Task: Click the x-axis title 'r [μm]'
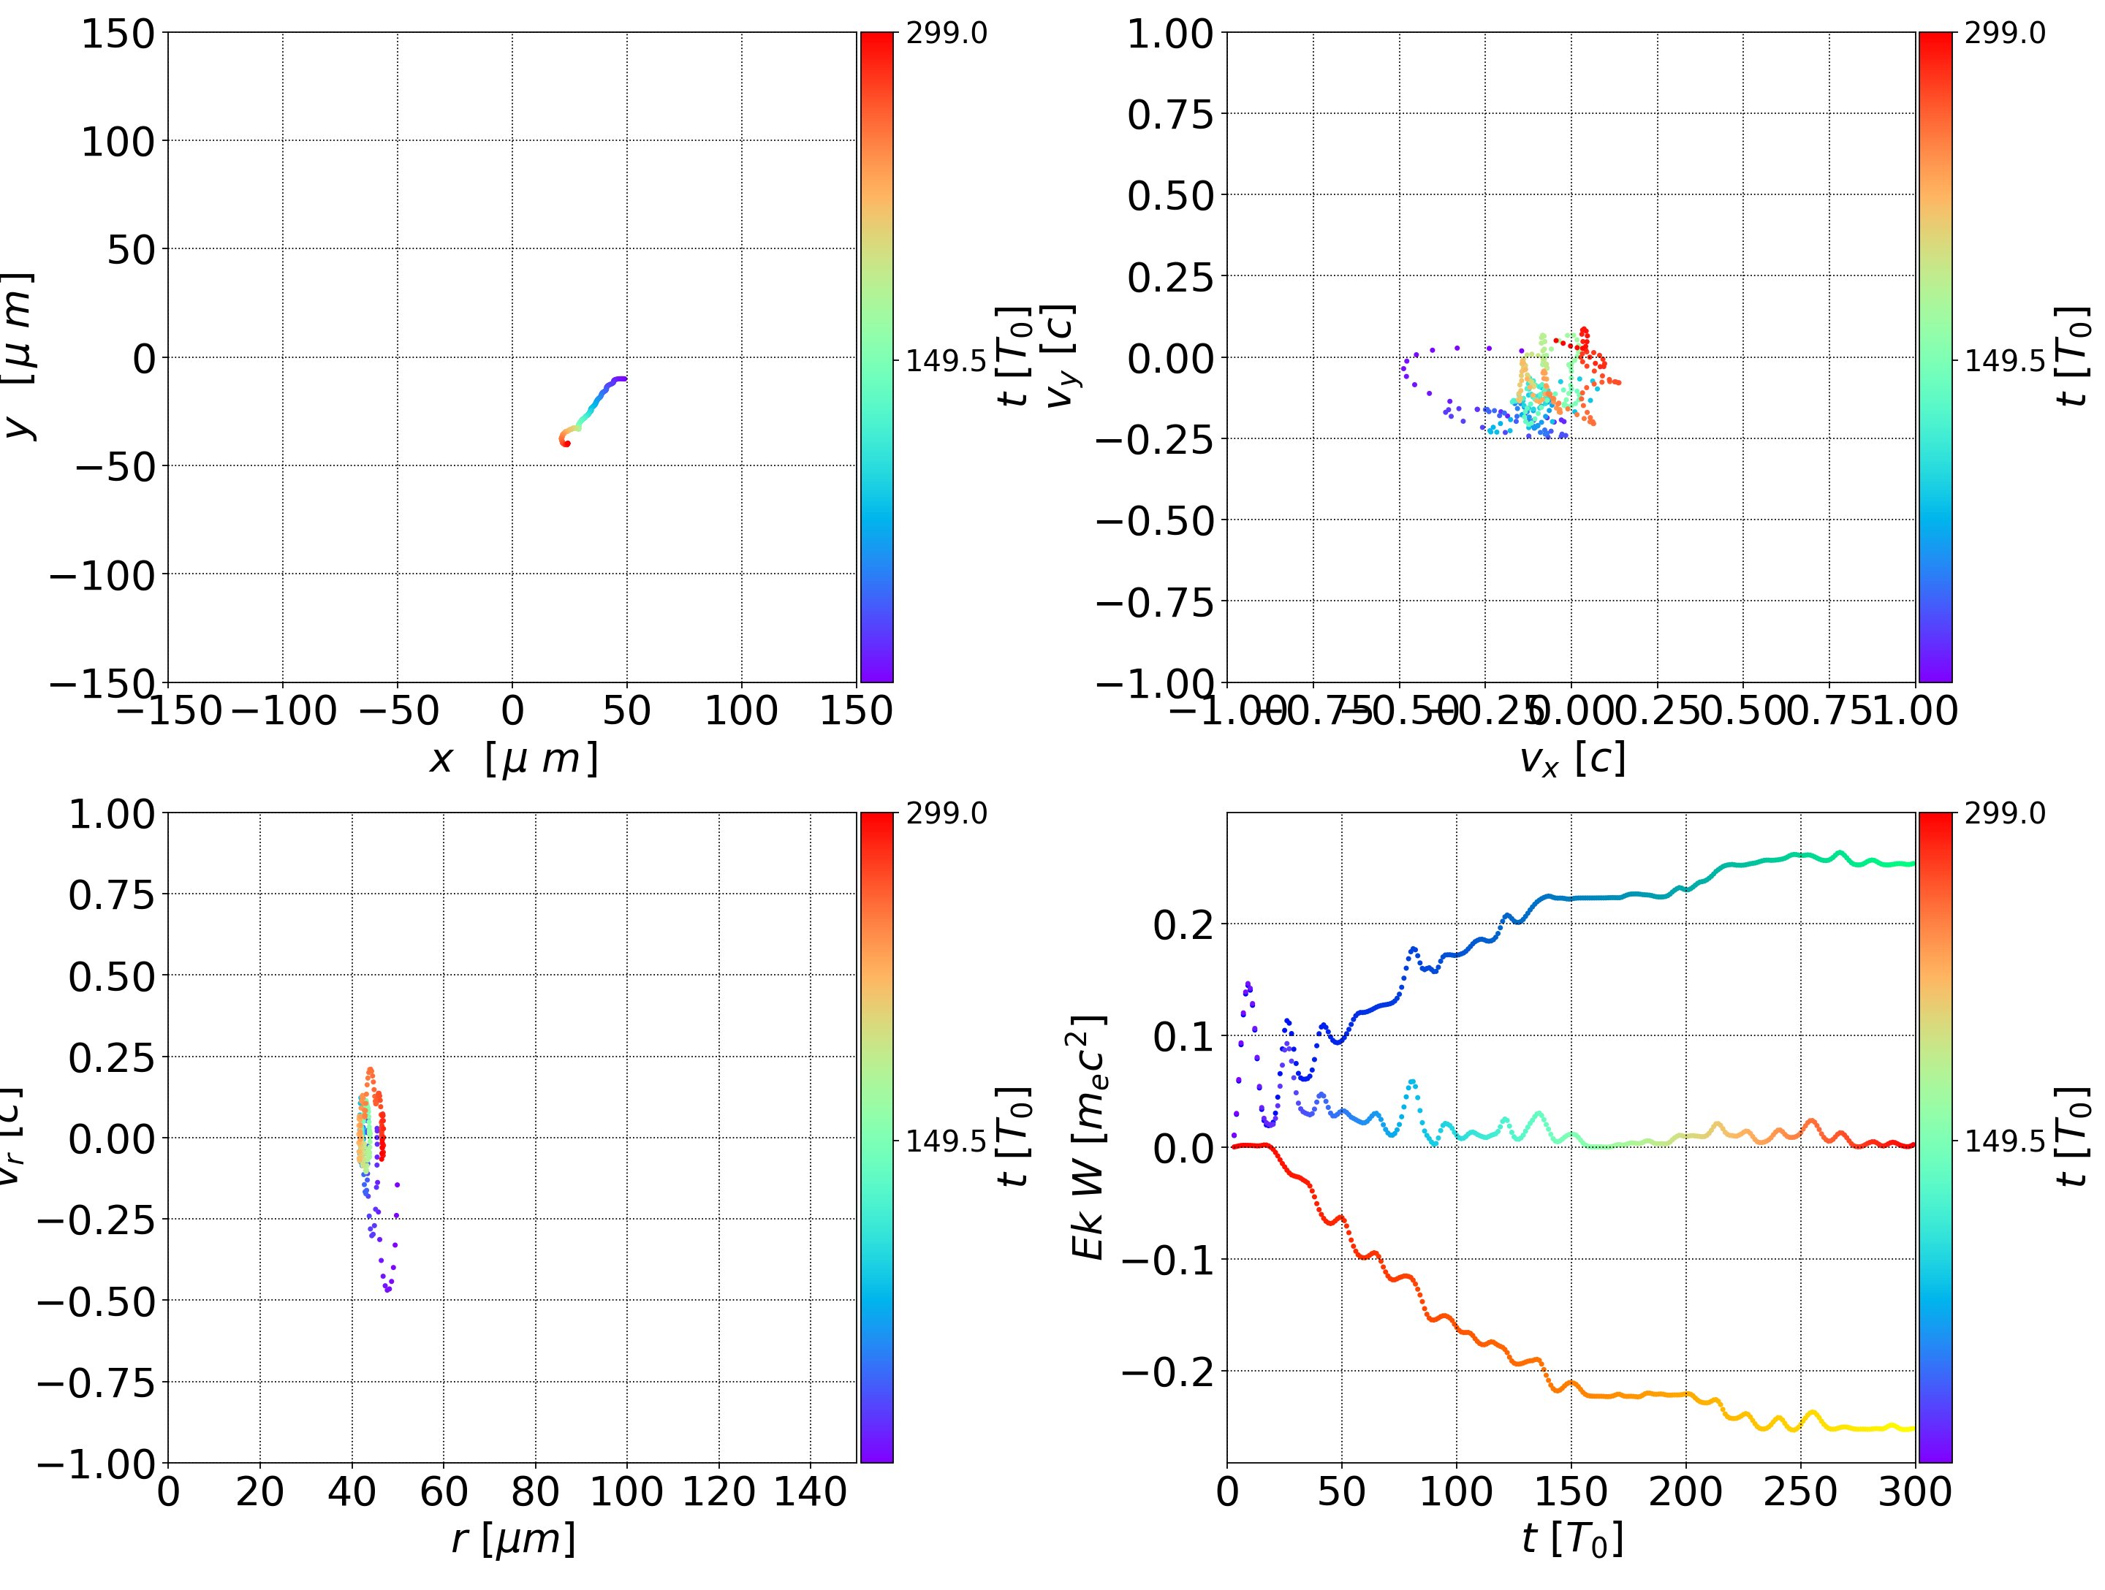coord(513,1539)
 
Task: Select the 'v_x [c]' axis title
coord(1571,758)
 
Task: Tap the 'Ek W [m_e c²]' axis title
coord(1088,1137)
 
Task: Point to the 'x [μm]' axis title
coord(513,758)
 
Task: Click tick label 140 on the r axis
coord(810,1491)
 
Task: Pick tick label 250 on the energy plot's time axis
coord(1800,1491)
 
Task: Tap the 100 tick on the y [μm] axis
coord(117,142)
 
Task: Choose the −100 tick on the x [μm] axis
coord(284,711)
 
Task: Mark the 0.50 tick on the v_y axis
coord(1170,196)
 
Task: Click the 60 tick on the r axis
coord(444,1491)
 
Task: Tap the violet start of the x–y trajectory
coord(623,379)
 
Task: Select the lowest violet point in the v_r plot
coord(388,1290)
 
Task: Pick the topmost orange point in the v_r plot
coord(370,1070)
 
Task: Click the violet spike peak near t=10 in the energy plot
coord(1248,984)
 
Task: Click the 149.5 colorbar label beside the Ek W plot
coord(2004,1140)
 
